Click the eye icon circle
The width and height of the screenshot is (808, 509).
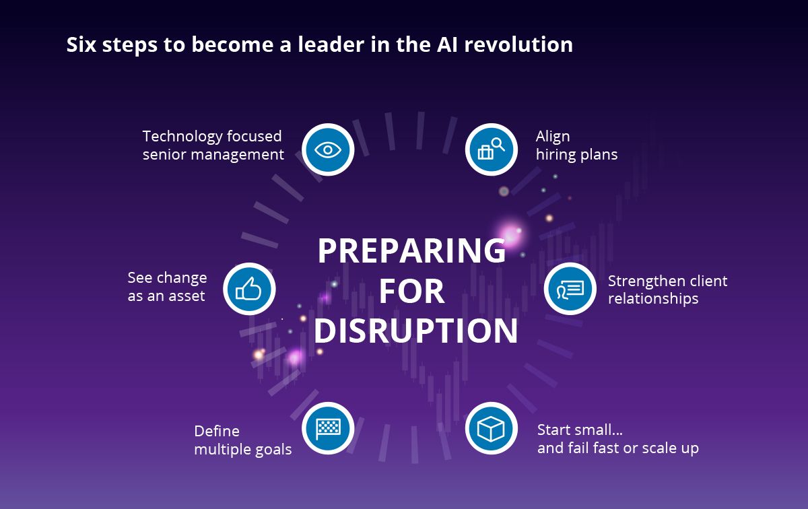[328, 149]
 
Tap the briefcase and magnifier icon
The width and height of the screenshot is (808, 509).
[492, 149]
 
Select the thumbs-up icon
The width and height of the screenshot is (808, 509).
[249, 289]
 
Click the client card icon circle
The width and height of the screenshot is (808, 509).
[570, 289]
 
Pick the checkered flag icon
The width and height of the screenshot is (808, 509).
[328, 428]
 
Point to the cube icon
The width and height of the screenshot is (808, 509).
[492, 428]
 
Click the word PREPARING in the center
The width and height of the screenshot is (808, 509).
[411, 250]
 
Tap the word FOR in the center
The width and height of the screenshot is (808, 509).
[411, 291]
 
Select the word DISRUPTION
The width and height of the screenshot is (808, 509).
[415, 331]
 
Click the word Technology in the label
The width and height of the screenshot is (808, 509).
[182, 137]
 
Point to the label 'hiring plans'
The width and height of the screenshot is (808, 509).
[576, 154]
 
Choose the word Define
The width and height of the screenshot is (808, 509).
[217, 431]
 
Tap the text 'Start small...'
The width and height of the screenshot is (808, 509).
[580, 430]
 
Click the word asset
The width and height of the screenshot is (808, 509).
[187, 296]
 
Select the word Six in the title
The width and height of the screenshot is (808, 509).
[81, 44]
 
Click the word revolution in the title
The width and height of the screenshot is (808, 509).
[518, 44]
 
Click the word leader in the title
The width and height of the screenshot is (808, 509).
[331, 44]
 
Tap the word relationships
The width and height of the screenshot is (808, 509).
[653, 299]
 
